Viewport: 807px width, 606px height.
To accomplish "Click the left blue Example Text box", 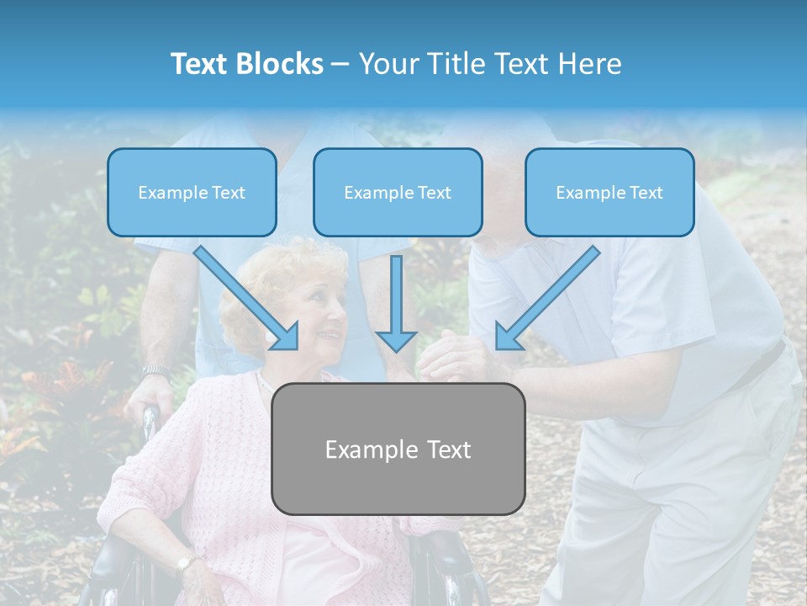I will click(x=192, y=192).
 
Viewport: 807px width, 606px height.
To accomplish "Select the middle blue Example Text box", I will click(x=398, y=192).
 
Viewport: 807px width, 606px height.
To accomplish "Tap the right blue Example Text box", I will click(x=609, y=192).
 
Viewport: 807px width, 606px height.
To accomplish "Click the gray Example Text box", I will click(x=398, y=449).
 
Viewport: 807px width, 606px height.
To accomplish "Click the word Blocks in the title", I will click(x=279, y=64).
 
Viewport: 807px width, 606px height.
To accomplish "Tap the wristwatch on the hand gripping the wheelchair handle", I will click(x=156, y=370).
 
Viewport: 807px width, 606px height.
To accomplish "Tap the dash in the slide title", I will click(x=341, y=64).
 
